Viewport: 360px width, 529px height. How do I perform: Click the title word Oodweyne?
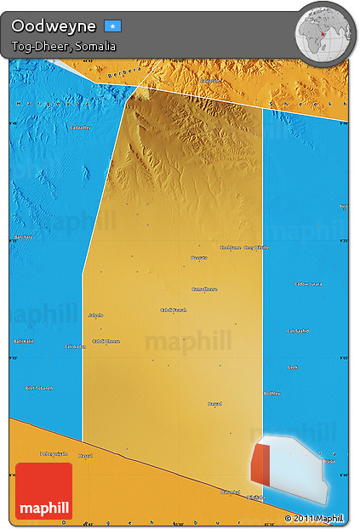(x=53, y=26)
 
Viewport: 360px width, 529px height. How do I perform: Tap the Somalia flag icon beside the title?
(x=113, y=26)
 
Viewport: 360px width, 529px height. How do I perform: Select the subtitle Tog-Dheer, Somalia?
(x=64, y=46)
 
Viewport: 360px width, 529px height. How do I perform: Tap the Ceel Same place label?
(x=230, y=247)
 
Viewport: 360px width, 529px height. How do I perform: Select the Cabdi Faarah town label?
(x=173, y=310)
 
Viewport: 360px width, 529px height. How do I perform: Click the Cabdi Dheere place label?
(x=106, y=341)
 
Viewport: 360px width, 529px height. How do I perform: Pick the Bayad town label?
(x=214, y=403)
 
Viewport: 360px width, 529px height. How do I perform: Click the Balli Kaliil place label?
(x=23, y=341)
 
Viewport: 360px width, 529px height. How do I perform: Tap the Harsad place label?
(x=85, y=456)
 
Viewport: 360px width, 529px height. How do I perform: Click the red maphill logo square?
(x=43, y=491)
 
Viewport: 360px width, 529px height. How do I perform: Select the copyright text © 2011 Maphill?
(x=314, y=517)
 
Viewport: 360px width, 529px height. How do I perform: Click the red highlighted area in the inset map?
(x=261, y=469)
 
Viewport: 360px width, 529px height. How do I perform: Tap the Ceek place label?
(x=293, y=367)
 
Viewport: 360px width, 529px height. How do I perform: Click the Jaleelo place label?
(x=96, y=315)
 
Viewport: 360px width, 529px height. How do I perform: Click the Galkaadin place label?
(x=75, y=346)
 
